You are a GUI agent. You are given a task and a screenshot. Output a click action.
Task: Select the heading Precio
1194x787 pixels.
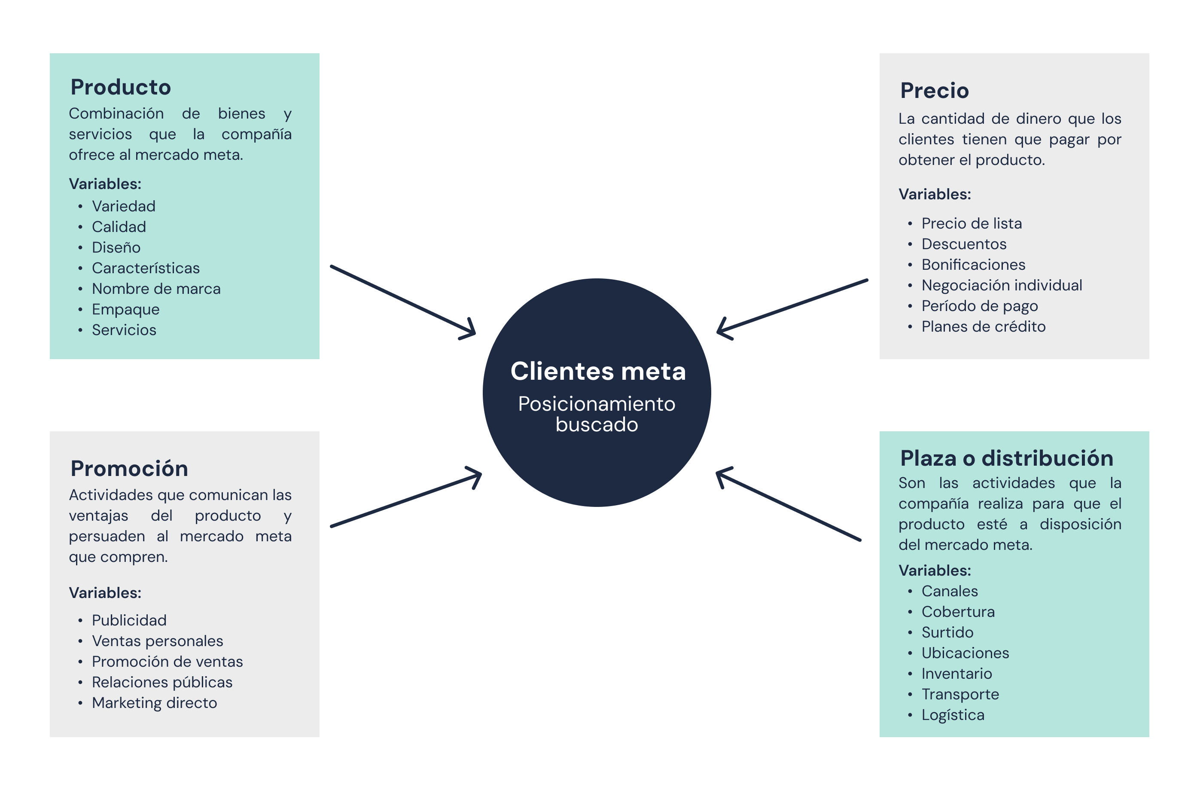pyautogui.click(x=934, y=91)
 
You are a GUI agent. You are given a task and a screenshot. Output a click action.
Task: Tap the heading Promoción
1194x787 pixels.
pyautogui.click(x=129, y=468)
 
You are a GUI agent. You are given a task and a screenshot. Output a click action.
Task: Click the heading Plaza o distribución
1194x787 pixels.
pyautogui.click(x=1006, y=458)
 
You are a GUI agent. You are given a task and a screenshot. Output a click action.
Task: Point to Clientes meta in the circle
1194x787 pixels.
pyautogui.click(x=597, y=372)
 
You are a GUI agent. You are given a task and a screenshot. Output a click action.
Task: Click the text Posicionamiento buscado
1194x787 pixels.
pyautogui.click(x=597, y=414)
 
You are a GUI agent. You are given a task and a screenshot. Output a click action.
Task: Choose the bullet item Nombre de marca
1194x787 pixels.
pyautogui.click(x=156, y=289)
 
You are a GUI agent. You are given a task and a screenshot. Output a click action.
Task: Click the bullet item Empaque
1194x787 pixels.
pyautogui.click(x=125, y=309)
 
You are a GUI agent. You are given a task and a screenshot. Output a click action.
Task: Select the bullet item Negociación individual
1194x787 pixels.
pyautogui.click(x=1001, y=285)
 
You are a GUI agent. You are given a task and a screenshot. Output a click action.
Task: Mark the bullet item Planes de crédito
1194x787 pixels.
pyautogui.click(x=983, y=327)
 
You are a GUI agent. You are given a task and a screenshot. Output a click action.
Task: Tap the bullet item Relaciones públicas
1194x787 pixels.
pyautogui.click(x=162, y=682)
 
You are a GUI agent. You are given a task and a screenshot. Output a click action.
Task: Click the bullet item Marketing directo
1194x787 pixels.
pyautogui.click(x=154, y=703)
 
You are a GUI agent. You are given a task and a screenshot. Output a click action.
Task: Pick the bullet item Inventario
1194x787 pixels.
pyautogui.click(x=956, y=674)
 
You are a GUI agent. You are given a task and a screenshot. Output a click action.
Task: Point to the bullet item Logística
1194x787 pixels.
pyautogui.click(x=953, y=715)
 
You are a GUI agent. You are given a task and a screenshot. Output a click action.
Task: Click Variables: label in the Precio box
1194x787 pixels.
pyautogui.click(x=934, y=194)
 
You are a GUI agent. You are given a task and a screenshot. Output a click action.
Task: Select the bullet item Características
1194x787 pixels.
pyautogui.click(x=146, y=268)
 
